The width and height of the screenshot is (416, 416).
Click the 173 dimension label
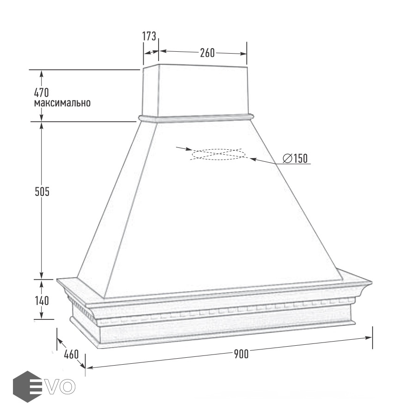click(x=149, y=37)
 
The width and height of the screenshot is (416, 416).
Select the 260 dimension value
click(x=207, y=53)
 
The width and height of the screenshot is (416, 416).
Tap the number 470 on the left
click(x=42, y=92)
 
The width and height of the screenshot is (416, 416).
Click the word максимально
click(x=62, y=103)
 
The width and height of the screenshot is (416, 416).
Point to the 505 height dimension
click(x=42, y=191)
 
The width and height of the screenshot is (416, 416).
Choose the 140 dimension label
click(x=42, y=301)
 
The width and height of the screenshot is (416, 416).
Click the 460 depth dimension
click(x=71, y=355)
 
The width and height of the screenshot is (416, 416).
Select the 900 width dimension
click(x=241, y=354)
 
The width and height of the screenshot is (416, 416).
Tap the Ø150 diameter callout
click(x=295, y=159)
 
